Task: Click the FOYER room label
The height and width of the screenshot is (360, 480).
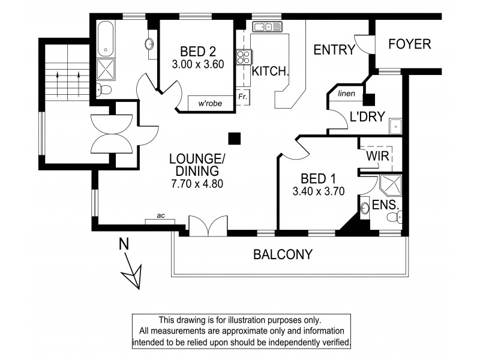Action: (x=410, y=44)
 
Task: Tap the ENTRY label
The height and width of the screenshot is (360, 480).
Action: (x=335, y=50)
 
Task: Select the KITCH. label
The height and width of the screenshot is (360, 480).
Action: (x=271, y=71)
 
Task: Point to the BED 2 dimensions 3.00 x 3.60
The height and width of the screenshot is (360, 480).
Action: (x=194, y=63)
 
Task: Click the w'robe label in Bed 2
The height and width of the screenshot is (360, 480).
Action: (x=210, y=103)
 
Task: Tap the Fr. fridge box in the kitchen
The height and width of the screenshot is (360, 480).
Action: (x=243, y=97)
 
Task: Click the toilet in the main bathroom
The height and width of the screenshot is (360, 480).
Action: (x=105, y=90)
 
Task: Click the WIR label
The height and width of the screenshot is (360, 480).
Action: (x=378, y=156)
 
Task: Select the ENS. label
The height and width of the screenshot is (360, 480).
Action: (x=386, y=205)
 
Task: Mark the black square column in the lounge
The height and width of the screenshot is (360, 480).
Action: (x=236, y=138)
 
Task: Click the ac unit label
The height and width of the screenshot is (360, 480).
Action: (x=160, y=217)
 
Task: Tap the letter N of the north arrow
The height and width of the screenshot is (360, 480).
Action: (x=124, y=244)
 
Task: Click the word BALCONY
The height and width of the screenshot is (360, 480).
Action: (x=283, y=254)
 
